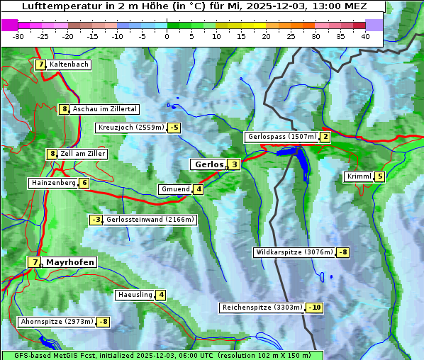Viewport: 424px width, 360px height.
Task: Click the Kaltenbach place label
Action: pyautogui.click(x=69, y=64)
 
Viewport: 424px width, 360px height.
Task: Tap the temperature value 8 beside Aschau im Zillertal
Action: pyautogui.click(x=64, y=109)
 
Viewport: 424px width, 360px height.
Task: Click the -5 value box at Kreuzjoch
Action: pyautogui.click(x=174, y=128)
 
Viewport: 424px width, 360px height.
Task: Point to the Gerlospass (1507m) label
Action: pyautogui.click(x=281, y=137)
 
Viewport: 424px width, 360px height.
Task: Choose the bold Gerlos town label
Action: pyautogui.click(x=208, y=164)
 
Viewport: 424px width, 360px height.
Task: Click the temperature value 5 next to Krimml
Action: pyautogui.click(x=380, y=176)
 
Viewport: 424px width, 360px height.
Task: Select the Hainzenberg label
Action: pyautogui.click(x=52, y=183)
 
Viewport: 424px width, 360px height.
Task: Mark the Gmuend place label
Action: pyautogui.click(x=174, y=189)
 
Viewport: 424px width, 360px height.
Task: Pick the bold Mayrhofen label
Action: pyautogui.click(x=69, y=262)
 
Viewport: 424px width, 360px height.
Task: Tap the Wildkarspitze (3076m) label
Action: pyautogui.click(x=294, y=252)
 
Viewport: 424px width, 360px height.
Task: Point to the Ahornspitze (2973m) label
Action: pyautogui.click(x=57, y=322)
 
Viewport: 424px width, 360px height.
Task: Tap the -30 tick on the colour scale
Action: pyautogui.click(x=18, y=35)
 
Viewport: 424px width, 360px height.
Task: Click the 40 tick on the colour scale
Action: pyautogui.click(x=365, y=35)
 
